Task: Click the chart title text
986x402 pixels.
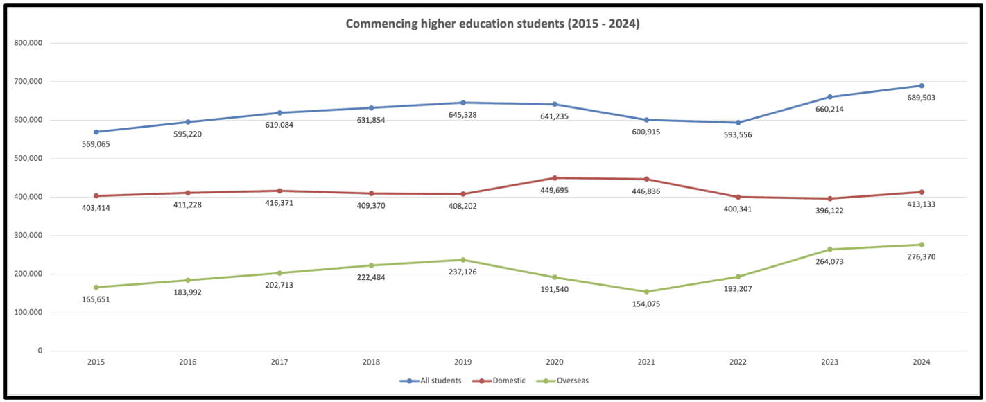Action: point(492,24)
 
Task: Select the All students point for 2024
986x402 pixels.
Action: point(922,86)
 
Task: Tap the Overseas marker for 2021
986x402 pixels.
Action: point(646,292)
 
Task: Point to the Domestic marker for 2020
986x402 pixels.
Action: point(555,178)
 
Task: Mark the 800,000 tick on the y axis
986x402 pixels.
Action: point(28,43)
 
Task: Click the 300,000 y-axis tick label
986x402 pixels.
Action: point(28,236)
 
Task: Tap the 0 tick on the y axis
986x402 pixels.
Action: point(40,351)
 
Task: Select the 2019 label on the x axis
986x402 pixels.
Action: point(463,362)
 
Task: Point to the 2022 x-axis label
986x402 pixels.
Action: point(738,362)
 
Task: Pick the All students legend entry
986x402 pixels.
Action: point(437,381)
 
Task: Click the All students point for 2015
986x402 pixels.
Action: point(96,132)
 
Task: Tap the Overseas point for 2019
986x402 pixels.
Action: point(463,260)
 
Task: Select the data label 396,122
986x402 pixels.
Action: point(831,210)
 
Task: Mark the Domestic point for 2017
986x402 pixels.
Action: point(279,191)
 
